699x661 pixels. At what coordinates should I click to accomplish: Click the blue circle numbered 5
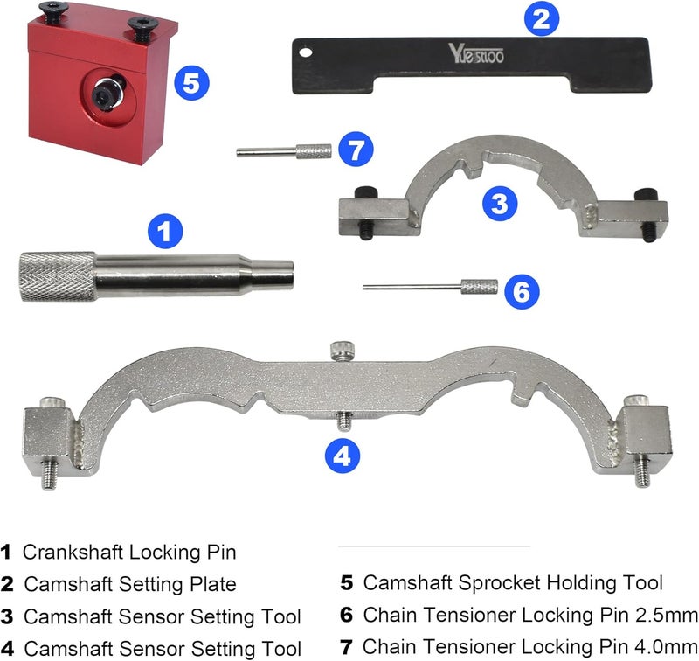coord(191,84)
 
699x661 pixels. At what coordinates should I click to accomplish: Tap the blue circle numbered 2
coord(541,17)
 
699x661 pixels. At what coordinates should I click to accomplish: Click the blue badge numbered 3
coord(499,205)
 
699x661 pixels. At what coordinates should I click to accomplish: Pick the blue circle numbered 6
coord(522,291)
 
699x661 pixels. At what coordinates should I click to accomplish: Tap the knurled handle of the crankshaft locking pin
coord(58,276)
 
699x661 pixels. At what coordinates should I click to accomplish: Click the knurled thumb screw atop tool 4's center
coord(340,351)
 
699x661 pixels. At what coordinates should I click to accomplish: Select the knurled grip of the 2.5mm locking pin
coord(479,287)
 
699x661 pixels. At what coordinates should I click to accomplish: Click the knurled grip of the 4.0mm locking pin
coord(314,151)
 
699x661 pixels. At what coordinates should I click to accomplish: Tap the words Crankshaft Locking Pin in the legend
coord(129,553)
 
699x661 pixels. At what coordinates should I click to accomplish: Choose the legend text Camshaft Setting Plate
coord(130,584)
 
